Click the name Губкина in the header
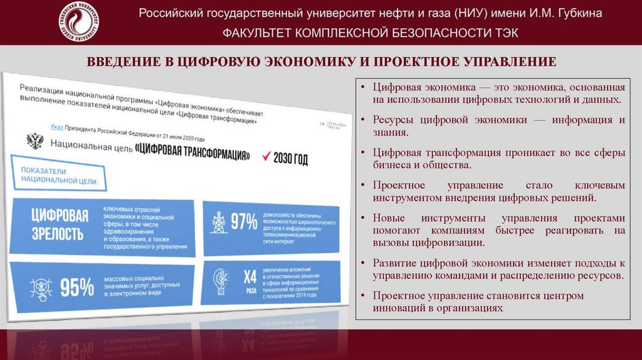[577, 13]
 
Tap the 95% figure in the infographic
[76, 287]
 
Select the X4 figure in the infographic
[250, 276]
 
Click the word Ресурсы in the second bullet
[394, 120]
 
